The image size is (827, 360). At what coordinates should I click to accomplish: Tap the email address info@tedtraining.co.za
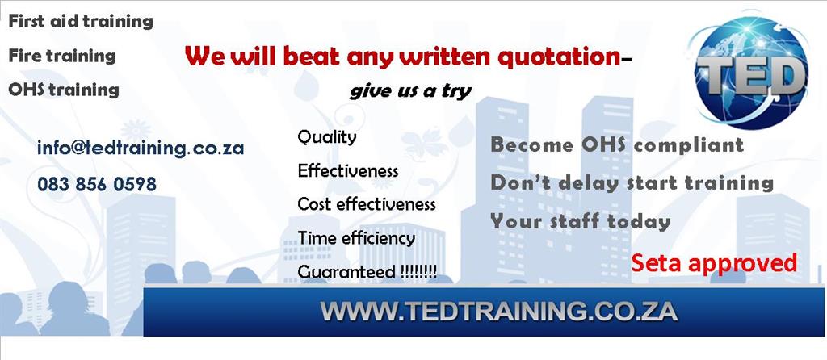click(141, 148)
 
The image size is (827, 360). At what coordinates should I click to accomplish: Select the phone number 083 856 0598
click(97, 184)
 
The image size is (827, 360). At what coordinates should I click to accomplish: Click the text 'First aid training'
click(81, 22)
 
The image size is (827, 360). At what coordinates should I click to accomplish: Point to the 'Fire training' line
click(61, 56)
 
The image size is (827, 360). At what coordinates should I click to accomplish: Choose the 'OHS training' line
click(64, 90)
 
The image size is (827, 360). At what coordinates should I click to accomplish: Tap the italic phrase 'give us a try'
click(410, 91)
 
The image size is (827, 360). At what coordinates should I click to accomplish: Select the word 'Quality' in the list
click(327, 137)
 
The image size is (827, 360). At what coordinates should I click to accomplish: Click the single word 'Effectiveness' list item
click(348, 171)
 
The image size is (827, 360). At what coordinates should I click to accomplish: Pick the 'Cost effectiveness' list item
click(367, 204)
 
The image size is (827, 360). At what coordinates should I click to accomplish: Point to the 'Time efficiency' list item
click(356, 238)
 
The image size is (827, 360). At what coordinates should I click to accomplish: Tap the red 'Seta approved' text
click(714, 263)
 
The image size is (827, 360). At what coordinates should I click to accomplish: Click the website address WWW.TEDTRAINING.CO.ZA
click(498, 312)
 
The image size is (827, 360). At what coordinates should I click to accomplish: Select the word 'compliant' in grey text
click(689, 145)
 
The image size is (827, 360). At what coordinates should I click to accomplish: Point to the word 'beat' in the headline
click(311, 56)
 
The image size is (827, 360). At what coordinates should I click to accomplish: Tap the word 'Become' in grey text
click(529, 144)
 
